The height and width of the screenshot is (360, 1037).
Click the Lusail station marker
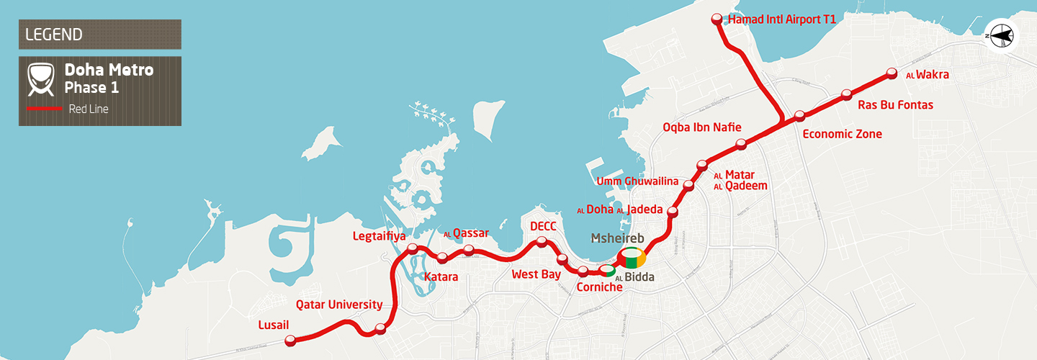291,341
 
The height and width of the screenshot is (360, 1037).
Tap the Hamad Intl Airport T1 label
781,20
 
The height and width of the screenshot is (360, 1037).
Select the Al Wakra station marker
892,73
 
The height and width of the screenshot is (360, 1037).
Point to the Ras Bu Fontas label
895,105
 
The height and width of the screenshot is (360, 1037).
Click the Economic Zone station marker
799,116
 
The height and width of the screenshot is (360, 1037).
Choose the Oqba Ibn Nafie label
701,128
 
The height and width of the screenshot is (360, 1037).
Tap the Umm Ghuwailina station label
637,181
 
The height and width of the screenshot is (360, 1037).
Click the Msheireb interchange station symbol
632,258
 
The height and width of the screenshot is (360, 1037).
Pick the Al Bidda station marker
608,271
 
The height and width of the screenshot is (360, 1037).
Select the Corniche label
599,287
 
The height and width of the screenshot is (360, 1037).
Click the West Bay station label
535,274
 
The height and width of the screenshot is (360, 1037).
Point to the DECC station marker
542,242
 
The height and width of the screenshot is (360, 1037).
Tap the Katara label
441,276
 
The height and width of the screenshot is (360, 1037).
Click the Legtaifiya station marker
413,249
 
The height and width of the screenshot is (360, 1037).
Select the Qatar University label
339,305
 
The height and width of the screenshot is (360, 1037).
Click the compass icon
1001,35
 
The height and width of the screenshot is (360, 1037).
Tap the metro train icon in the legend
42,79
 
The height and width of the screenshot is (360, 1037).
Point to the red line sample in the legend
44,109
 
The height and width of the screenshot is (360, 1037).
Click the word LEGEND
53,35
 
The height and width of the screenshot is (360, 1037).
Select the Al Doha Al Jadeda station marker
673,212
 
